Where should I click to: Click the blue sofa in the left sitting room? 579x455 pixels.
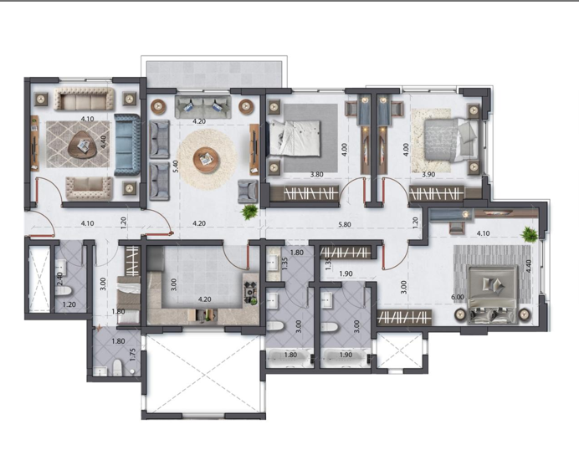(128, 145)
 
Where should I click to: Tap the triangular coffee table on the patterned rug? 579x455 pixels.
(82, 148)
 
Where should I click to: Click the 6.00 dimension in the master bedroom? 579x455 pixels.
(458, 297)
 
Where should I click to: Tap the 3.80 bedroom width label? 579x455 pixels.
(316, 175)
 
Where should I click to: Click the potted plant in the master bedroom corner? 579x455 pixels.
(528, 235)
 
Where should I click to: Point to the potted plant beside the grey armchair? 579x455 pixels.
(249, 213)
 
